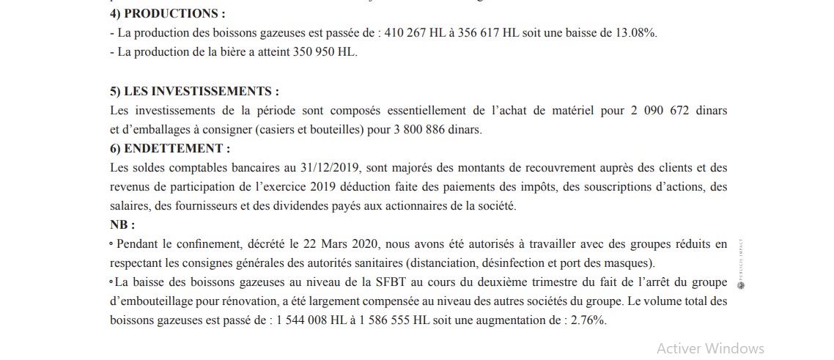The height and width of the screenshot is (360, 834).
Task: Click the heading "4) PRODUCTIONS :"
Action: point(167,14)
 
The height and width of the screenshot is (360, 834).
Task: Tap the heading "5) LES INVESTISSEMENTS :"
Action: point(194,91)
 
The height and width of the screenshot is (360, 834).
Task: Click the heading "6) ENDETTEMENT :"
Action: point(169,148)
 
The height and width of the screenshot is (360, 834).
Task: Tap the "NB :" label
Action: point(122,225)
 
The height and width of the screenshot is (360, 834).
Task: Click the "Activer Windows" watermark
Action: point(710,348)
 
